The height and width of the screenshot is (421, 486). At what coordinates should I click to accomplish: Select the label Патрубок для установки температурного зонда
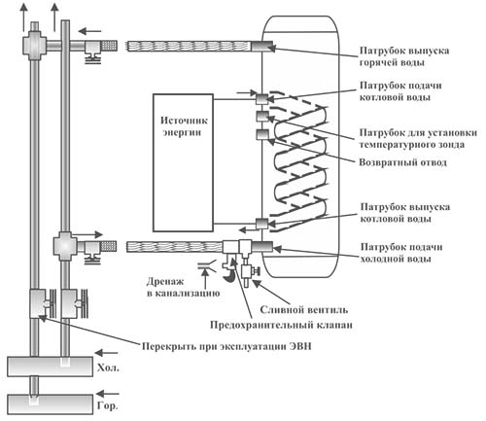point(413,134)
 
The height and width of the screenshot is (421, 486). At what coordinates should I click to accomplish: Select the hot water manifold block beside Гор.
point(48,403)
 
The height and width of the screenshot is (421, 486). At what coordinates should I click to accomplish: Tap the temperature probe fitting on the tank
point(261,118)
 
